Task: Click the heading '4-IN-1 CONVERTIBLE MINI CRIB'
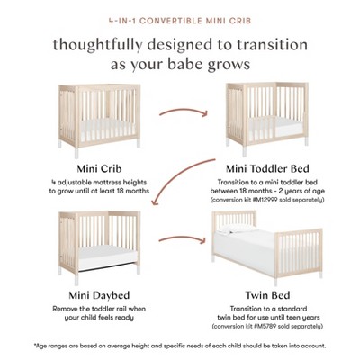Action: point(180,16)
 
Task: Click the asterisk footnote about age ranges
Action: point(180,345)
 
